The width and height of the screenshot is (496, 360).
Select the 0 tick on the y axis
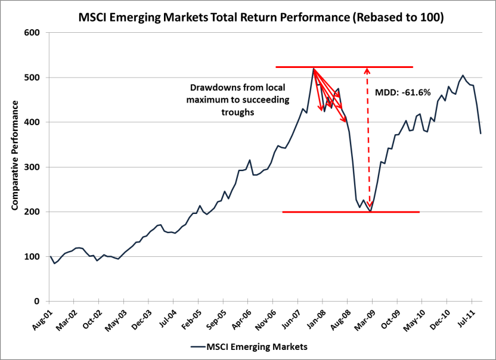click(x=37, y=302)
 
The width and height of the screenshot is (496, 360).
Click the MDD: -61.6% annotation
click(x=402, y=93)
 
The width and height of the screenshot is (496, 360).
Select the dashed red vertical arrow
click(x=368, y=137)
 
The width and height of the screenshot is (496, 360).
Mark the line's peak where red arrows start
click(x=313, y=69)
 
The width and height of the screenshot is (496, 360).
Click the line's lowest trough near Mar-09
click(x=370, y=211)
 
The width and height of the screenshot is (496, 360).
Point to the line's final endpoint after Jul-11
click(x=481, y=134)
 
